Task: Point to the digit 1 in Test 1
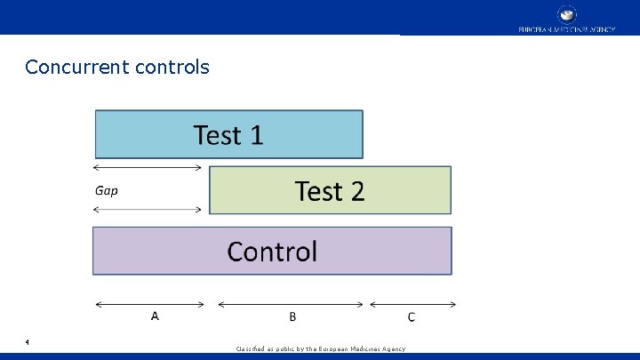[x=255, y=135]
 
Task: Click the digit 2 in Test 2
[x=356, y=191]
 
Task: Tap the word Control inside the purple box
[x=272, y=252]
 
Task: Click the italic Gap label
[x=106, y=190]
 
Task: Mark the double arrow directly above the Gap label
[x=148, y=167]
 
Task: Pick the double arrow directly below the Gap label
[x=148, y=209]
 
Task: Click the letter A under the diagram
[x=155, y=316]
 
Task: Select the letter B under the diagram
[x=292, y=316]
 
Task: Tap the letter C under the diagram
[x=411, y=316]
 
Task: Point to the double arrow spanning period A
[x=149, y=304]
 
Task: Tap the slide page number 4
[x=28, y=341]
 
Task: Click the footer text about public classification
[x=320, y=348]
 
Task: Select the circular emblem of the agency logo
[x=566, y=15]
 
